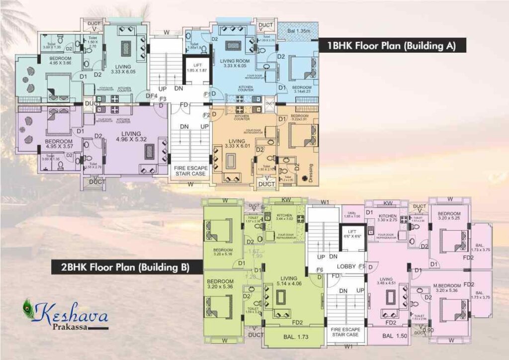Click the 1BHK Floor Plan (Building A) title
pyautogui.click(x=391, y=46)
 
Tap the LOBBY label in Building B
pyautogui.click(x=345, y=267)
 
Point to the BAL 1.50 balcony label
pyautogui.click(x=395, y=337)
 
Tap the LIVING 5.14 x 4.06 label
pyautogui.click(x=288, y=281)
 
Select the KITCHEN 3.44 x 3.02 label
pyautogui.click(x=285, y=217)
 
